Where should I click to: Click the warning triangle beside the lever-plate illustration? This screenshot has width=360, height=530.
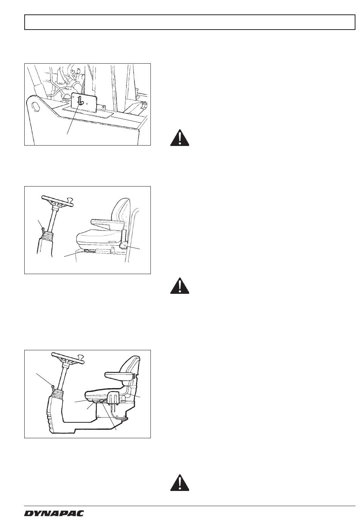click(180, 138)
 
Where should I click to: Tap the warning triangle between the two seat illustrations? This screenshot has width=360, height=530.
click(180, 285)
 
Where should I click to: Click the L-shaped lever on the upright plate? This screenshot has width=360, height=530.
click(81, 100)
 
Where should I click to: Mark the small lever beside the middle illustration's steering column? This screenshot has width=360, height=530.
click(43, 229)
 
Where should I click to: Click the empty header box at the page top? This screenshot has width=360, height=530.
click(190, 22)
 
